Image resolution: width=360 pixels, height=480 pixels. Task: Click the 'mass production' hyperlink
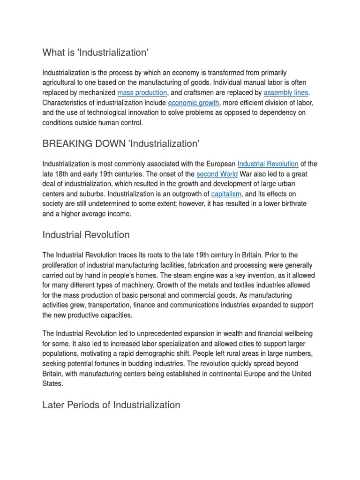click(142, 93)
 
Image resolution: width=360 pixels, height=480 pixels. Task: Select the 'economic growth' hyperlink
click(193, 103)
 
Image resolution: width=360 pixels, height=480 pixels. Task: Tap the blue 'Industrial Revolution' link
click(268, 164)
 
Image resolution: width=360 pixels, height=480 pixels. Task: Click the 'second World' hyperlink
click(217, 174)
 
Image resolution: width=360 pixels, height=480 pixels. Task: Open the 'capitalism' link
click(226, 194)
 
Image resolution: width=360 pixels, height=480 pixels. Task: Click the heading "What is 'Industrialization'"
click(95, 52)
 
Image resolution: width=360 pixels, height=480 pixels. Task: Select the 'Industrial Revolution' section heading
click(86, 234)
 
